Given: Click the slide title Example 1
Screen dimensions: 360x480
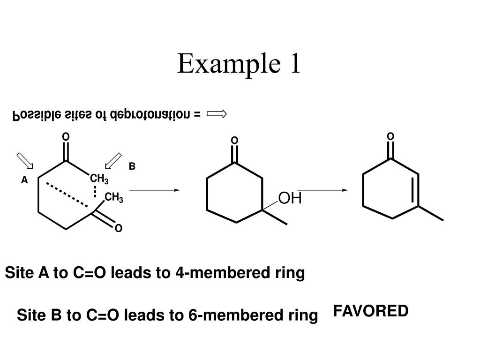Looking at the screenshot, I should pyautogui.click(x=239, y=64).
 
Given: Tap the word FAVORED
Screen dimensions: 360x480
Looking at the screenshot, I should pyautogui.click(x=371, y=311).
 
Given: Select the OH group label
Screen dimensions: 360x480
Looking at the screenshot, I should pyautogui.click(x=290, y=198).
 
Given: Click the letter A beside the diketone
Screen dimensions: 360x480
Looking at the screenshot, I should pyautogui.click(x=24, y=180).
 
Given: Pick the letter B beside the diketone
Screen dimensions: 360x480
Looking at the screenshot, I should pyautogui.click(x=132, y=166).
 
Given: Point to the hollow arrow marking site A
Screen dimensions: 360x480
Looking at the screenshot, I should pyautogui.click(x=25, y=160).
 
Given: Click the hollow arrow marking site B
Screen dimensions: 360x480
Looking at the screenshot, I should pyautogui.click(x=113, y=160).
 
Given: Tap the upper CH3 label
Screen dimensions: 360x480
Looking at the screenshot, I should pyautogui.click(x=99, y=179).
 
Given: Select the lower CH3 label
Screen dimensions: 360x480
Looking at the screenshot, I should pyautogui.click(x=114, y=198).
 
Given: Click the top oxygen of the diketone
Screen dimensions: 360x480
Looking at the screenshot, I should pyautogui.click(x=66, y=136).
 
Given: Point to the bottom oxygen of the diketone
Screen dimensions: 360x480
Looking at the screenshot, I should pyautogui.click(x=118, y=228).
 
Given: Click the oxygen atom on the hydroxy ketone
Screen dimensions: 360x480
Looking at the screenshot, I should pyautogui.click(x=234, y=141).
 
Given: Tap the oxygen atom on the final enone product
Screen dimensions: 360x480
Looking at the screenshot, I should pyautogui.click(x=390, y=136).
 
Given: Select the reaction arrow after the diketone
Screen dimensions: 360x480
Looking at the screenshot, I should pyautogui.click(x=154, y=190).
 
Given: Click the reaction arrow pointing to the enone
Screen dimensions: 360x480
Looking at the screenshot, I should pyautogui.click(x=323, y=190).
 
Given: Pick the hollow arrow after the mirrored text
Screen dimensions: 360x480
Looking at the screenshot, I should pyautogui.click(x=217, y=114).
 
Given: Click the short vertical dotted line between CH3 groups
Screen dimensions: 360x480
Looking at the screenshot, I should pyautogui.click(x=95, y=191).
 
